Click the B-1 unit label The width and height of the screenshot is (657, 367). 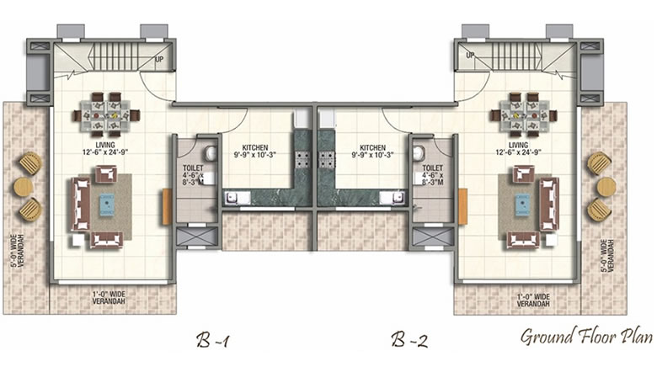pyautogui.click(x=212, y=340)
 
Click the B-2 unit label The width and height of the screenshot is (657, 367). pyautogui.click(x=409, y=340)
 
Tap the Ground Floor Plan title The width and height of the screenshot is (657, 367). pyautogui.click(x=586, y=337)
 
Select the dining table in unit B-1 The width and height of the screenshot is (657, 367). pyautogui.click(x=106, y=114)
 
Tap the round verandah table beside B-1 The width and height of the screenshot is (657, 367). pyautogui.click(x=23, y=187)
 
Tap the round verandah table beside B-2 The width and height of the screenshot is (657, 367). pyautogui.click(x=606, y=187)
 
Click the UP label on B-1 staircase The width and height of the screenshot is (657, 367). pyautogui.click(x=159, y=59)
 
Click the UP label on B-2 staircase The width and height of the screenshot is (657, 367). pyautogui.click(x=470, y=55)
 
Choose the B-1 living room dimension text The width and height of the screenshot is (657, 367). pyautogui.click(x=105, y=152)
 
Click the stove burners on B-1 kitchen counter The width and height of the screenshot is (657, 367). pyautogui.click(x=302, y=160)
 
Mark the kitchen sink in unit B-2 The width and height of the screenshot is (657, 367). pyautogui.click(x=393, y=198)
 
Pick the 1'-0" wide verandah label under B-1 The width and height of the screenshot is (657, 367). pyautogui.click(x=109, y=298)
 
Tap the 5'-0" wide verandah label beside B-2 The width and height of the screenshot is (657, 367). pyautogui.click(x=606, y=256)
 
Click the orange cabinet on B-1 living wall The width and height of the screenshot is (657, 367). pyautogui.click(x=167, y=206)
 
